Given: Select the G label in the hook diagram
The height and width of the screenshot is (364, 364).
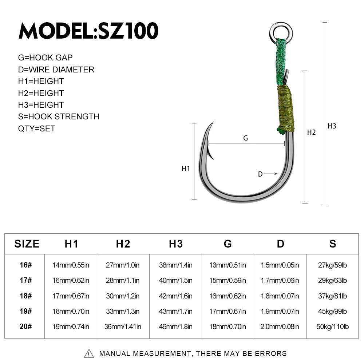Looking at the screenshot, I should click(x=245, y=138).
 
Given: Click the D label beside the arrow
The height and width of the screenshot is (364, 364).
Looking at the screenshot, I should click(x=260, y=174).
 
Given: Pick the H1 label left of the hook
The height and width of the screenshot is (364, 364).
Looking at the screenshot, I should click(x=186, y=169).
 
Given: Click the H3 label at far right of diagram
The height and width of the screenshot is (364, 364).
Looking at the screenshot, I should click(x=332, y=126).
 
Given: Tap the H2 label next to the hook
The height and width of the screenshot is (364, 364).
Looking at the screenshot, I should click(x=311, y=132).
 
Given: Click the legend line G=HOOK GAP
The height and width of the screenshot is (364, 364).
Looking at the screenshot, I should click(x=45, y=58).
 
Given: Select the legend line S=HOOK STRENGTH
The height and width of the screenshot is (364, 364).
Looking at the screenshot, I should click(x=59, y=116).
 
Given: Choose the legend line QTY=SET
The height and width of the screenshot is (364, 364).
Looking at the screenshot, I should click(x=37, y=128).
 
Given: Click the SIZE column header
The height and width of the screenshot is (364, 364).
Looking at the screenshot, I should click(x=27, y=244).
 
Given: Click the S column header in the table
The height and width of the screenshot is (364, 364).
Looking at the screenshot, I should click(x=333, y=244).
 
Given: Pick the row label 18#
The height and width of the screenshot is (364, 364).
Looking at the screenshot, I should click(x=26, y=296).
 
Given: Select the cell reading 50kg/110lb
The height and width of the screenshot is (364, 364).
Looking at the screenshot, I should click(x=333, y=327).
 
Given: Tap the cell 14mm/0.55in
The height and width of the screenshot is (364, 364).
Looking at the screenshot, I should click(x=71, y=265).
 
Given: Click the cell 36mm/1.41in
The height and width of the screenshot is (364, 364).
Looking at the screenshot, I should click(x=123, y=327).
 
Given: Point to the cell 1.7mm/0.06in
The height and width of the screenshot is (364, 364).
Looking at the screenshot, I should click(x=280, y=280).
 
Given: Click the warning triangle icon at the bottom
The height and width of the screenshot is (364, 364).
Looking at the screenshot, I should click(x=89, y=353).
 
